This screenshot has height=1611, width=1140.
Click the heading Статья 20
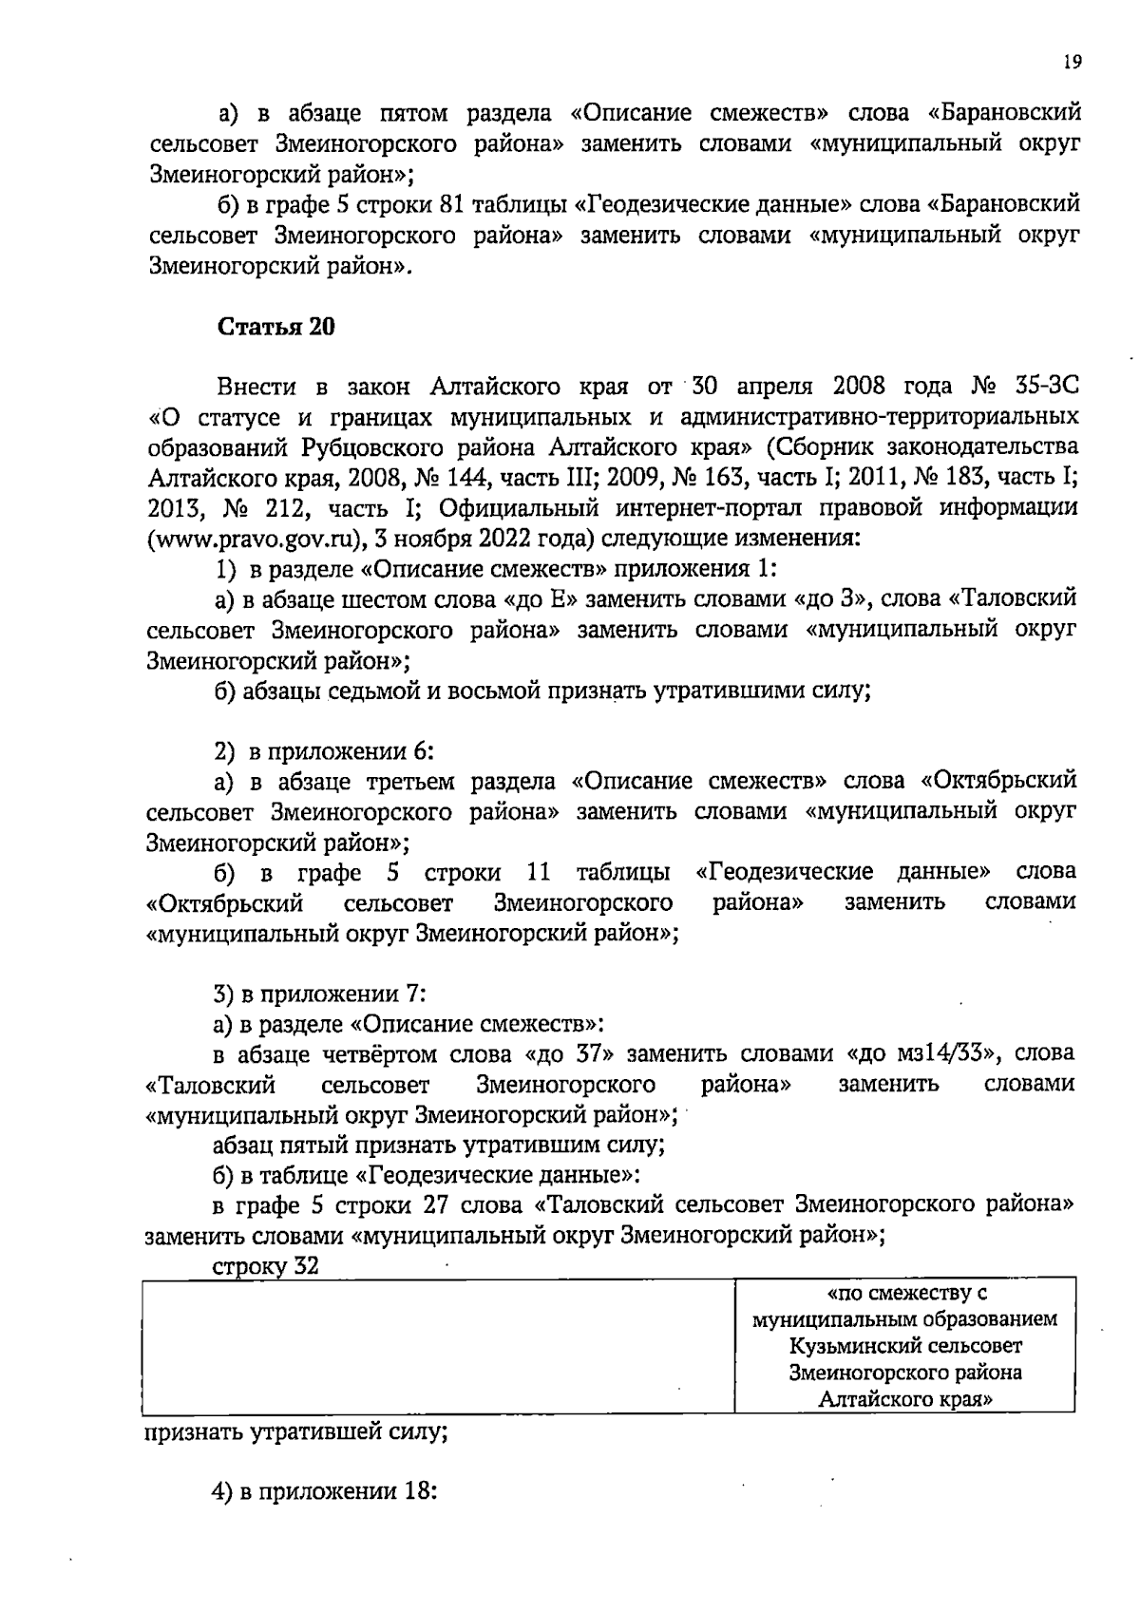coord(276,327)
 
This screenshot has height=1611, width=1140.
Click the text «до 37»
coord(570,1052)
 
